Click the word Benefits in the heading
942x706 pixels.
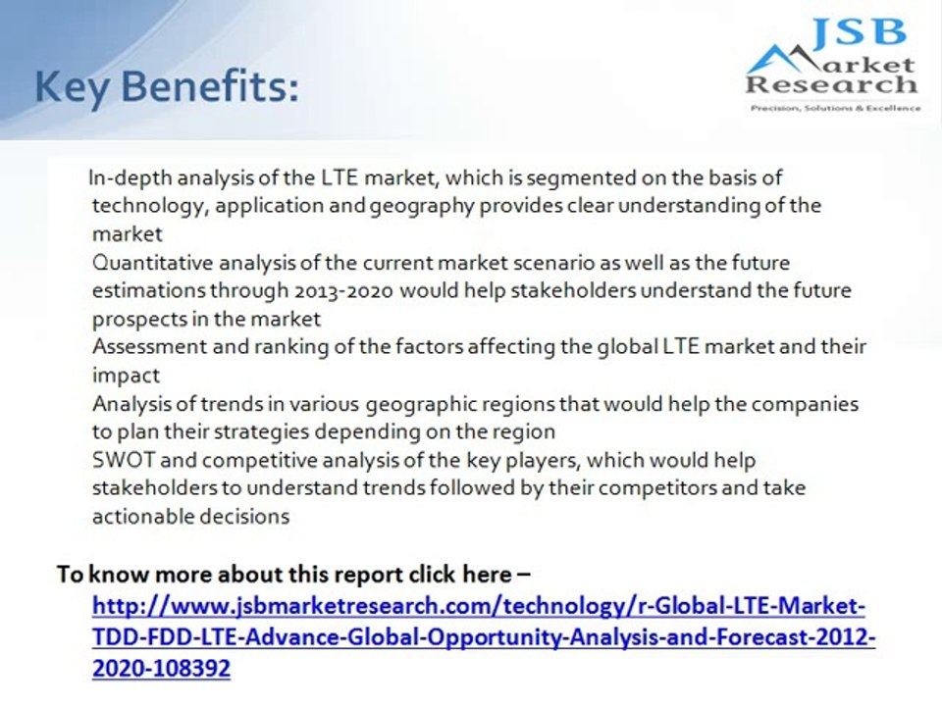pos(206,89)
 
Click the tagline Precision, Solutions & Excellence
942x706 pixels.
pos(834,108)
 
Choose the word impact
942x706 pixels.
pos(126,376)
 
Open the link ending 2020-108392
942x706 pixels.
pos(161,669)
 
